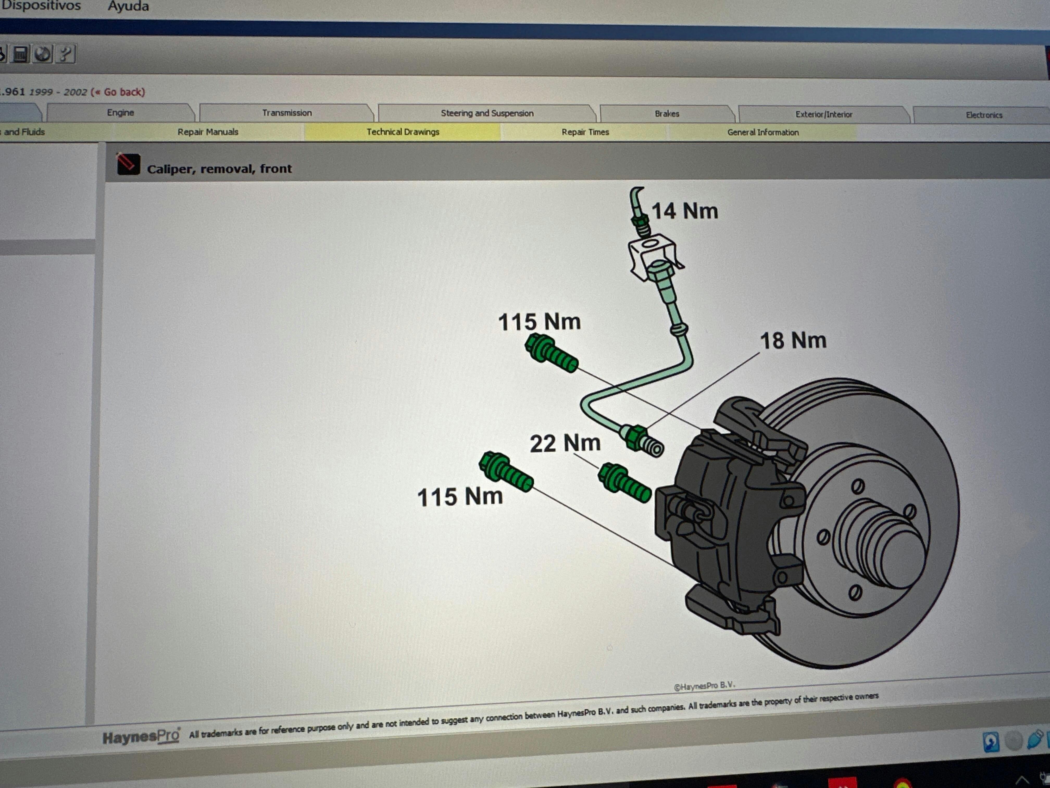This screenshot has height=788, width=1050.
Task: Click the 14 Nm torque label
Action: point(684,211)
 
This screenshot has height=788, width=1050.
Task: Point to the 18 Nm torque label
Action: point(793,341)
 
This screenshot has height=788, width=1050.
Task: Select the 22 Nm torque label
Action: point(565,443)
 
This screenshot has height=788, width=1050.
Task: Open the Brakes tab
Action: point(667,114)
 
